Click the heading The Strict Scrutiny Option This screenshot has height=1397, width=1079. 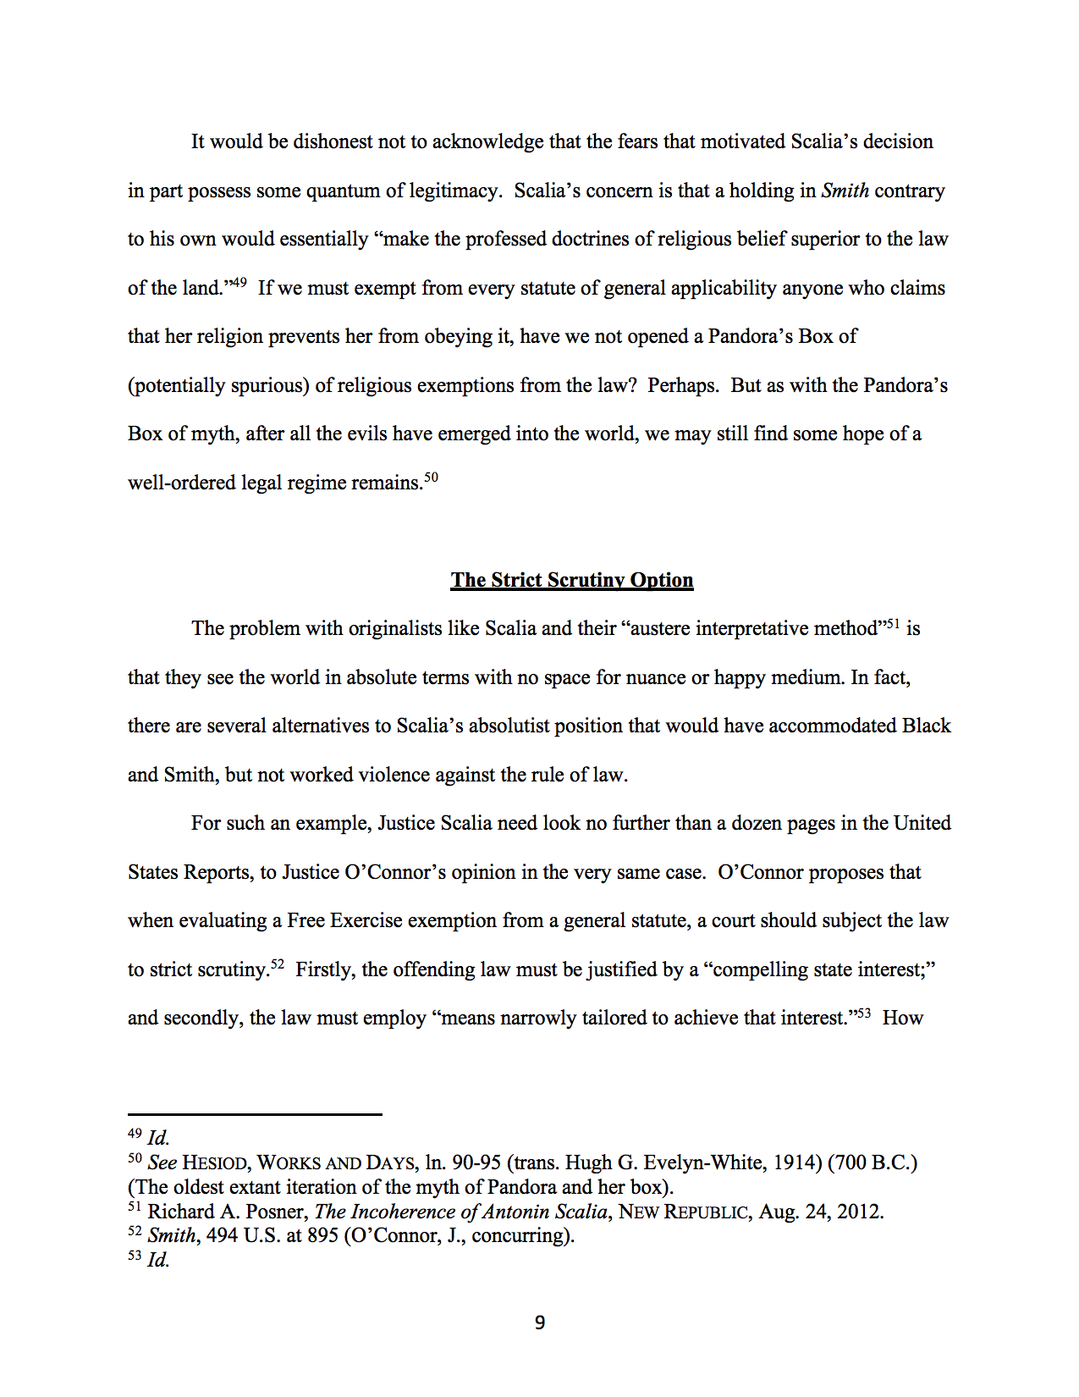click(x=571, y=580)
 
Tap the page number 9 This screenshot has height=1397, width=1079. click(x=540, y=1322)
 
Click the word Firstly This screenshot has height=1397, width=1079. click(x=325, y=969)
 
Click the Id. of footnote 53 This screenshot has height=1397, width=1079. click(x=158, y=1260)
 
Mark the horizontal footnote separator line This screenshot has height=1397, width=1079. click(x=255, y=1114)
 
